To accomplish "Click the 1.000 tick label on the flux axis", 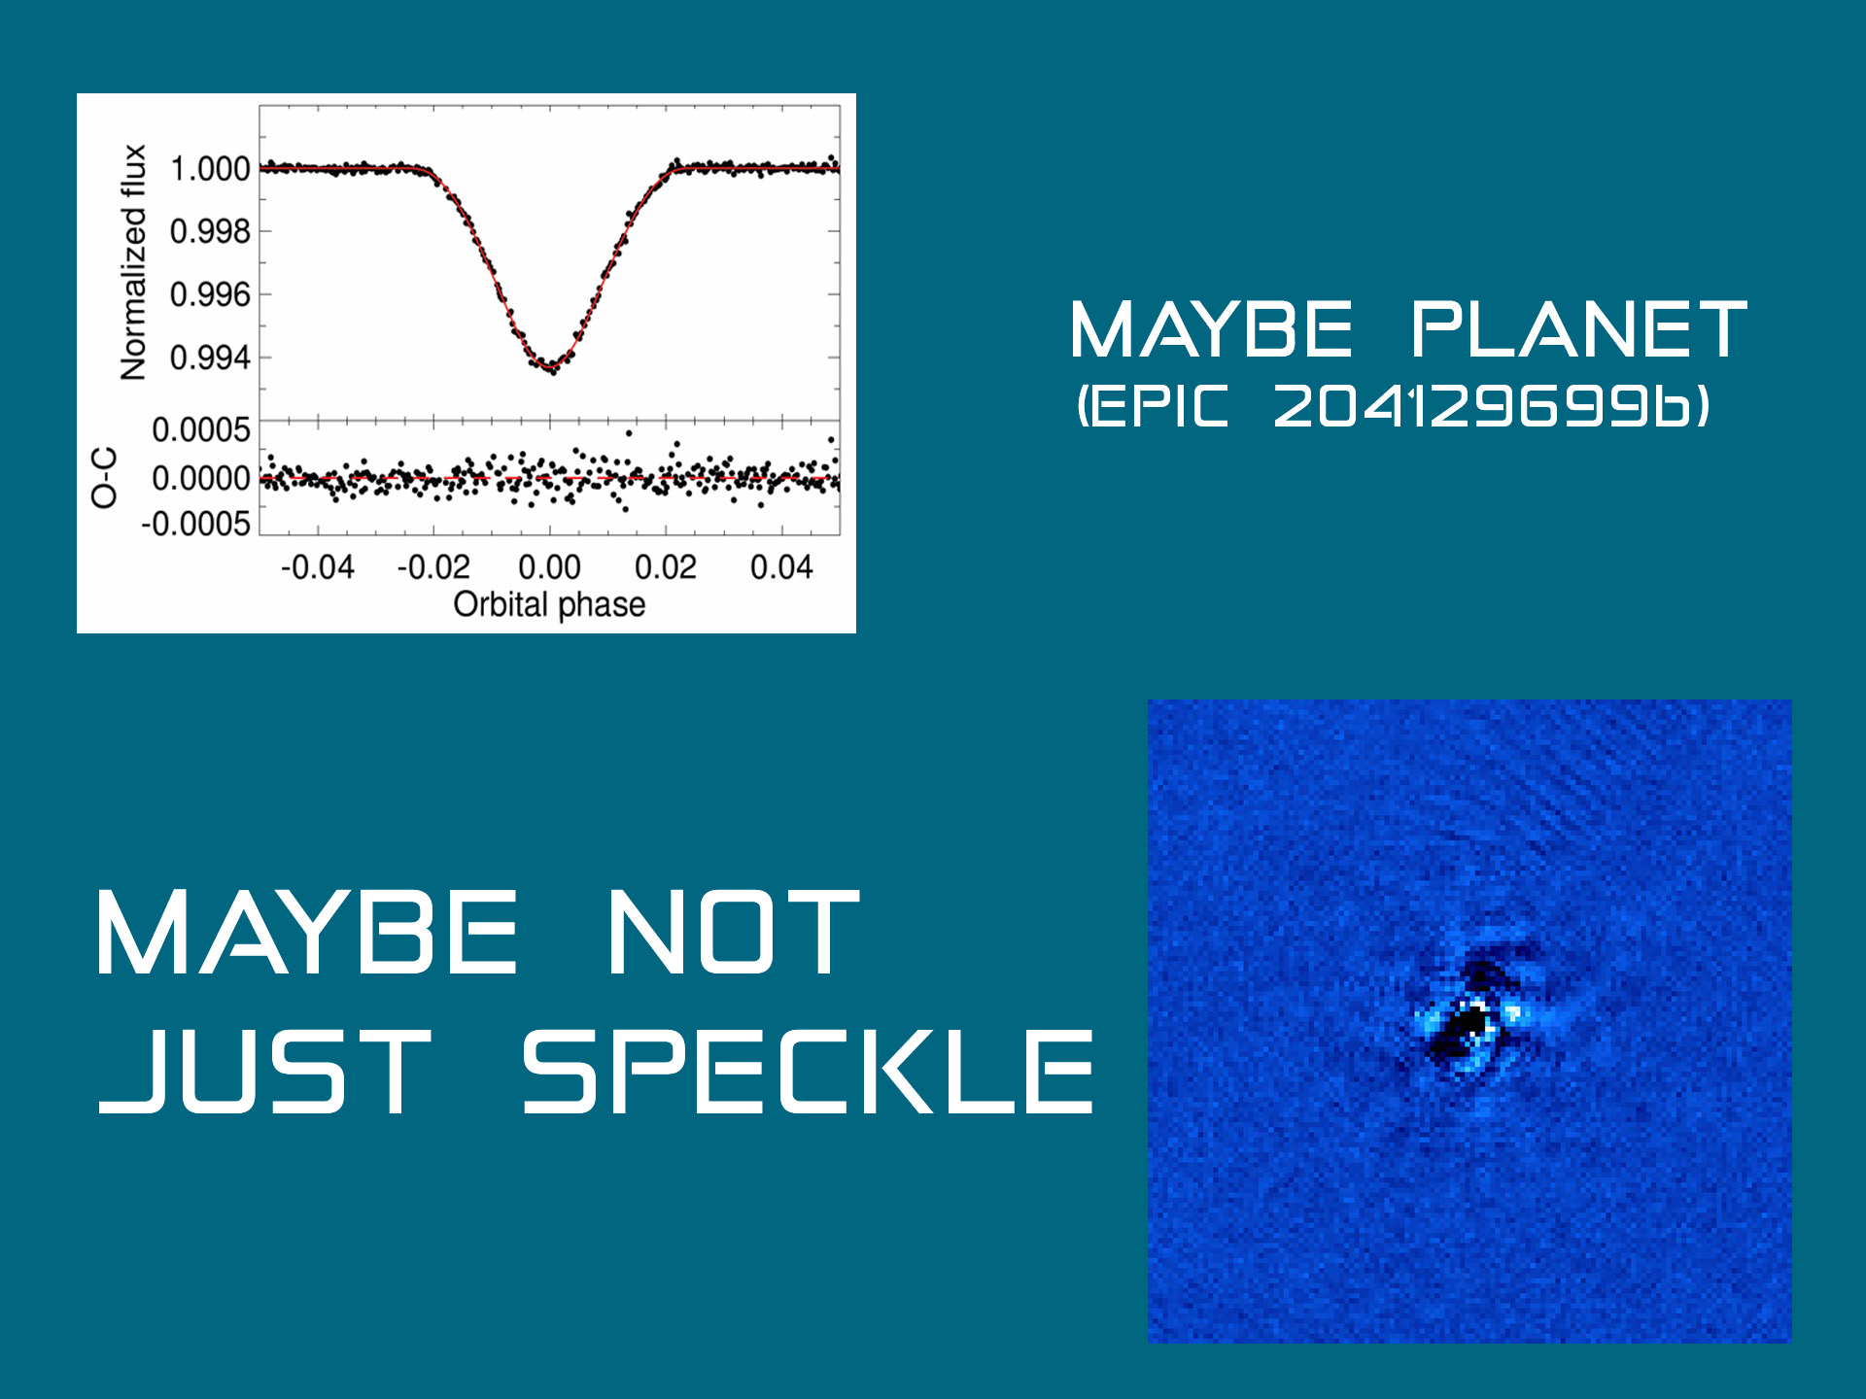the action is click(210, 169).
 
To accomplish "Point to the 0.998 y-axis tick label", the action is click(210, 232).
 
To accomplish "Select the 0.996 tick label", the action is click(210, 294).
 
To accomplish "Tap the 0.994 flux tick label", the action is click(210, 358).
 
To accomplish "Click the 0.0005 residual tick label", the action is click(201, 430).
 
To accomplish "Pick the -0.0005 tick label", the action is click(196, 525).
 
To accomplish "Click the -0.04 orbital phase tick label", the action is click(318, 566).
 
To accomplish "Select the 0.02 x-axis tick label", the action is click(666, 566).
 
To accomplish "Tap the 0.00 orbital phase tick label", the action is click(549, 566).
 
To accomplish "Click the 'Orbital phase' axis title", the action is click(549, 604).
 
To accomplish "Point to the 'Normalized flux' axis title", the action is click(133, 262).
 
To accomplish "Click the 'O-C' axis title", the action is click(104, 478).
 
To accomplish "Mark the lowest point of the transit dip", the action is click(551, 369).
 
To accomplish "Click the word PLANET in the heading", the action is click(1579, 329).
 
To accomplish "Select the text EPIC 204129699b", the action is click(1394, 406).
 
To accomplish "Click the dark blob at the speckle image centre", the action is click(1468, 1030).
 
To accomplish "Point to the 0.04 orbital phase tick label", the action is click(781, 566).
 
